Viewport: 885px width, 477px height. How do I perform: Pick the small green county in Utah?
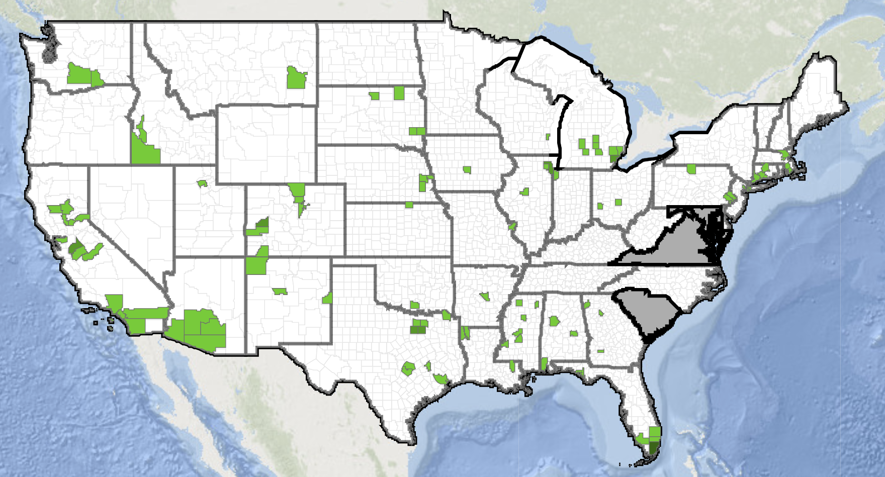[x=203, y=183]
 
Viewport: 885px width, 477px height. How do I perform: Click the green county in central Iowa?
[x=467, y=170]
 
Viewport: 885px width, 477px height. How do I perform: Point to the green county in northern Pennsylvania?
[x=692, y=169]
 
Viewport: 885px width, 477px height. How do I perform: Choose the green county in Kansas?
[x=409, y=205]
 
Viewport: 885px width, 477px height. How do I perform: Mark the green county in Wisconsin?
[x=548, y=136]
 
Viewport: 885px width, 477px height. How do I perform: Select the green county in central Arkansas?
[x=485, y=296]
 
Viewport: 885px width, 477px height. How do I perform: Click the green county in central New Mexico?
[x=279, y=291]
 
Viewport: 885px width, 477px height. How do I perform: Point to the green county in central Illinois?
[x=525, y=192]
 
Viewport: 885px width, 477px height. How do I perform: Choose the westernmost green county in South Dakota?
[x=374, y=95]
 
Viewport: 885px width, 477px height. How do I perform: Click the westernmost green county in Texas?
[x=408, y=369]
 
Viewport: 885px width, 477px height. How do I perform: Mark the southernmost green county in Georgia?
[x=600, y=351]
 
